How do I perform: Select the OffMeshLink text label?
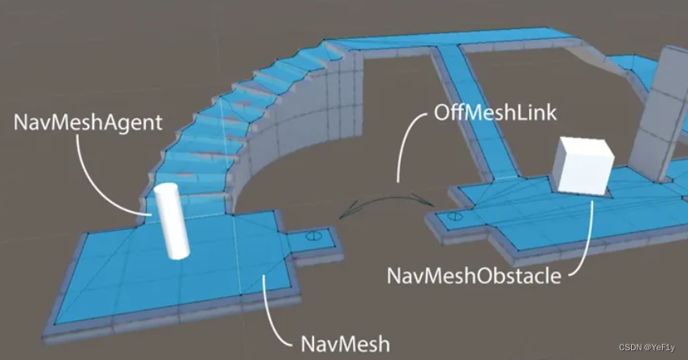[495, 112]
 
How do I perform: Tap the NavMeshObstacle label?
[474, 276]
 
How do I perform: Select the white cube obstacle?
[583, 168]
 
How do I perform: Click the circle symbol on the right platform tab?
[455, 217]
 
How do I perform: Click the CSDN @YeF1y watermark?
[647, 347]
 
